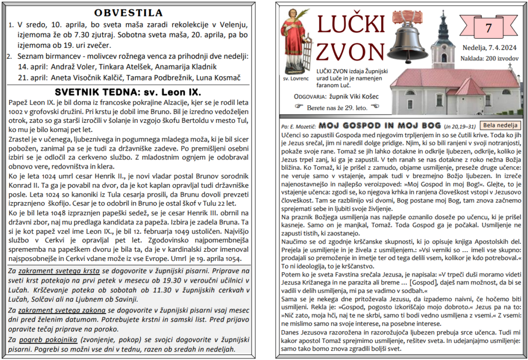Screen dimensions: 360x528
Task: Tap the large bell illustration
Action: [x=407, y=41]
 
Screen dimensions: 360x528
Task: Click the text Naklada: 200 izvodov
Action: [x=489, y=58]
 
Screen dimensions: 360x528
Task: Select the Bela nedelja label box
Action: [x=500, y=125]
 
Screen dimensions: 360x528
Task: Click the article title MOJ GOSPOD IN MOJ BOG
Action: [x=379, y=126]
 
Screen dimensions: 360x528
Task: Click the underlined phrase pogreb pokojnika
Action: [x=48, y=339]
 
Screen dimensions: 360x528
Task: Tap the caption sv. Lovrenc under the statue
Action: [x=296, y=79]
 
